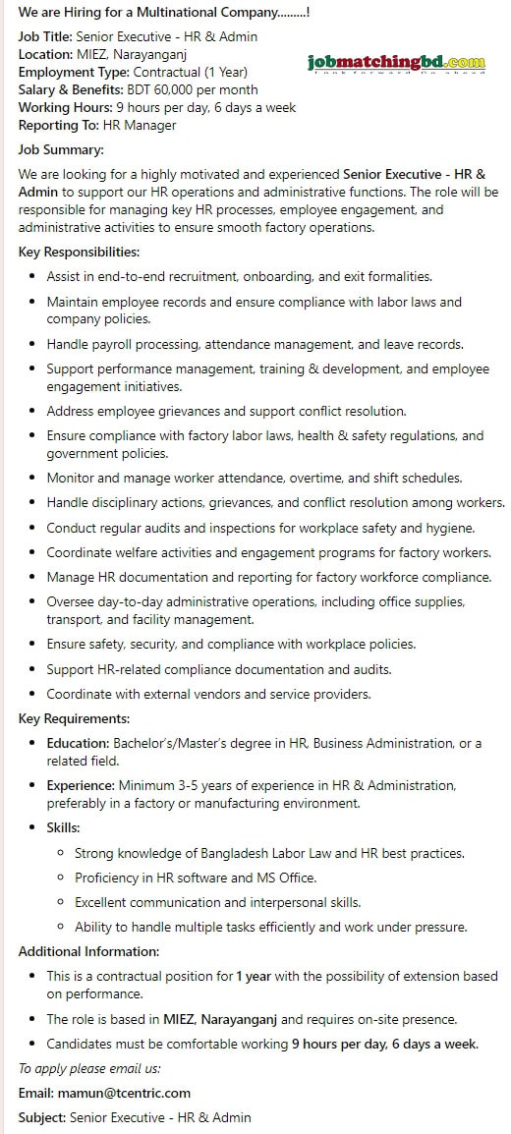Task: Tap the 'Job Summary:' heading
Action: click(61, 150)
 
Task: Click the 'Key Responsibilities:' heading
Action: click(79, 252)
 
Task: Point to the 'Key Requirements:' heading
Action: click(74, 718)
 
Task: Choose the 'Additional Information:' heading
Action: click(88, 951)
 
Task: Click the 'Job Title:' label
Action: click(45, 36)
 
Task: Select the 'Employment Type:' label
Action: click(74, 72)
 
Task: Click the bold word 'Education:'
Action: click(78, 743)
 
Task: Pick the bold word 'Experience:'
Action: click(81, 785)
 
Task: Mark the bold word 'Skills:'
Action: click(64, 827)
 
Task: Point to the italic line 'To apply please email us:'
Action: click(89, 1067)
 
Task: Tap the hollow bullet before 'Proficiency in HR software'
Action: click(61, 878)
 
